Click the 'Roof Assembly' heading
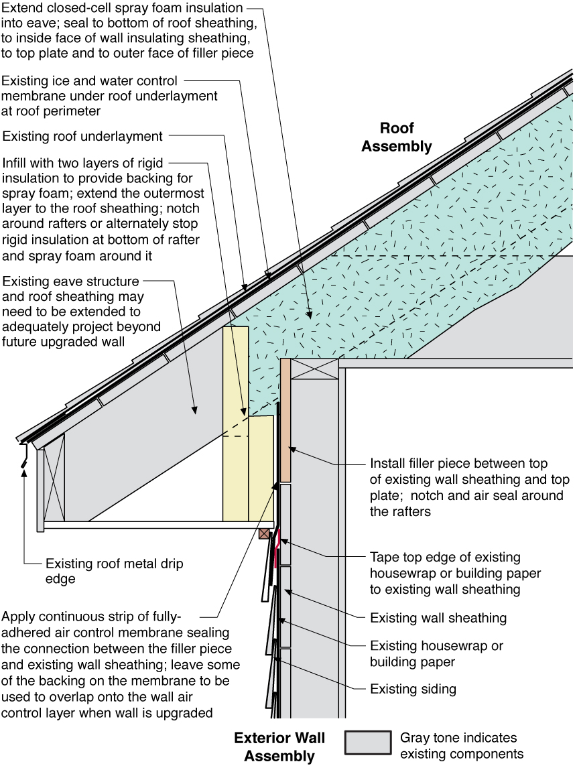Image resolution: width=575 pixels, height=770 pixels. (397, 137)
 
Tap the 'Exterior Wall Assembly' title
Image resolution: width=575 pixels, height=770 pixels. (279, 747)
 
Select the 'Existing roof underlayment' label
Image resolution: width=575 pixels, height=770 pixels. (82, 137)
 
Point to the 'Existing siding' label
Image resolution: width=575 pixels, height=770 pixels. (413, 688)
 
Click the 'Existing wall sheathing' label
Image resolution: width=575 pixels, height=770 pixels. (438, 617)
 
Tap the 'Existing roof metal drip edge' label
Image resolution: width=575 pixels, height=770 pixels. (114, 571)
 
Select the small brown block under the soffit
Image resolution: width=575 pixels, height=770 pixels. (265, 533)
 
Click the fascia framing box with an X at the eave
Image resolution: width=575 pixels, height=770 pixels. (54, 476)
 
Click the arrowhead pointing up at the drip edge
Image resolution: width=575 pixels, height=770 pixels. (23, 471)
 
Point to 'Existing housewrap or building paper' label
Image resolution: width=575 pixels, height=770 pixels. (436, 653)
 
